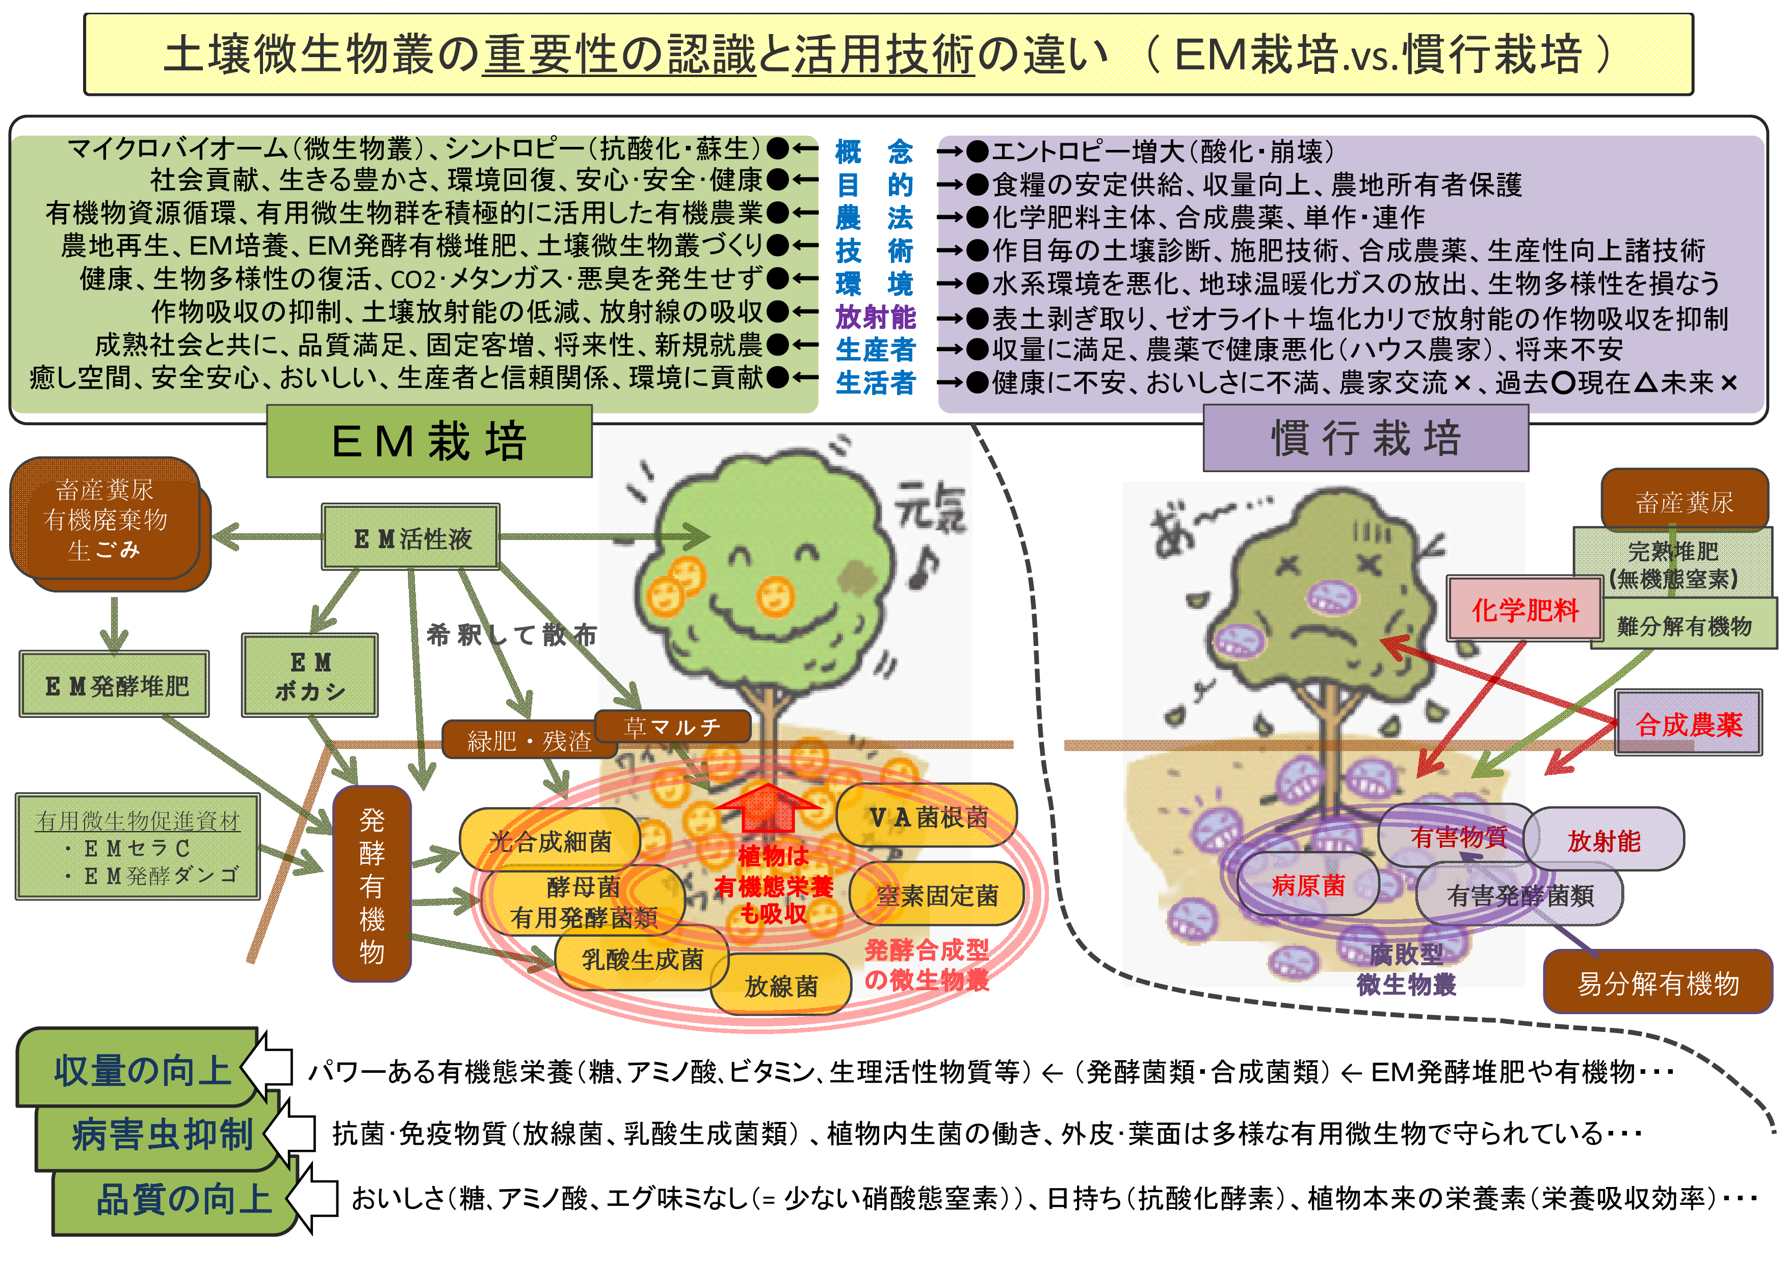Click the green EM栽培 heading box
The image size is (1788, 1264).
click(x=429, y=441)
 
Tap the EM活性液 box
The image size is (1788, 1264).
click(x=411, y=537)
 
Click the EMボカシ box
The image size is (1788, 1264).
click(x=310, y=675)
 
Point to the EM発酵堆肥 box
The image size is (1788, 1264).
click(x=115, y=685)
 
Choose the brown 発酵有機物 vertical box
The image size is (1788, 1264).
click(x=372, y=884)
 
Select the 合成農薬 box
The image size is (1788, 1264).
click(x=1688, y=724)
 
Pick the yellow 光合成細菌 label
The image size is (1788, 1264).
click(x=550, y=840)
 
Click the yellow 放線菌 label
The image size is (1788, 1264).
click(x=780, y=985)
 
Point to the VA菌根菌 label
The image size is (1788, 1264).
click(x=928, y=816)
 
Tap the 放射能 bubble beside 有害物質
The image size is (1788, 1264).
click(x=1603, y=840)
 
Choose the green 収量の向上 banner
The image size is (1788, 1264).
click(x=140, y=1069)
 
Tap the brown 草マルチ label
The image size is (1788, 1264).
click(x=672, y=726)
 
